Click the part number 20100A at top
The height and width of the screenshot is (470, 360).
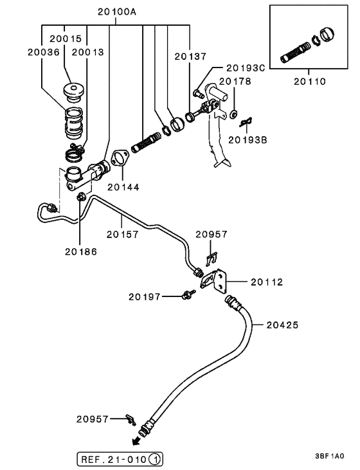[117, 12]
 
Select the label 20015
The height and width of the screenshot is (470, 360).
[66, 39]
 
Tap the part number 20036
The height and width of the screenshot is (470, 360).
[44, 52]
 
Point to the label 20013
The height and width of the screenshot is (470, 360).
[88, 52]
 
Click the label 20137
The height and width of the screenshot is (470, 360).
[191, 57]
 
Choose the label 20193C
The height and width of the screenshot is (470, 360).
[246, 68]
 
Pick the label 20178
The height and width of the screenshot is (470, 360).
[235, 81]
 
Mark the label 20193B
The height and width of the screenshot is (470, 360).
[248, 140]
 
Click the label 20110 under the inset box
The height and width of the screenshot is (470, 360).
[310, 82]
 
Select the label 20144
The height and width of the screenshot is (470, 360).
[123, 187]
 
